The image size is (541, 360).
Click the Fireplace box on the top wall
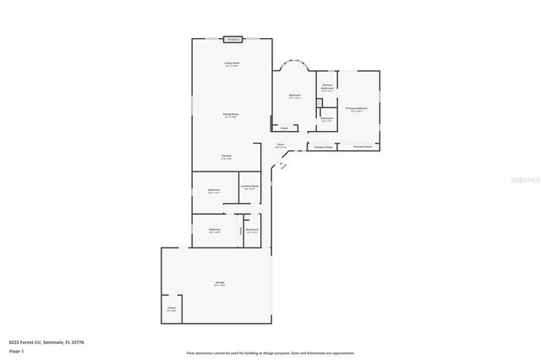(233, 39)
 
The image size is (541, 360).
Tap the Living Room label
(232, 64)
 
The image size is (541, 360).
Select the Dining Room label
(231, 115)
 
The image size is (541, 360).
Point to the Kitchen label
(227, 156)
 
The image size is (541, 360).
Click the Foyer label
(280, 145)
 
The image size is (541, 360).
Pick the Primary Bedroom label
(357, 109)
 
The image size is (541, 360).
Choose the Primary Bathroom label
(327, 87)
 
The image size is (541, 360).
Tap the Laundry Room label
(249, 187)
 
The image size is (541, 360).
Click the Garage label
(219, 283)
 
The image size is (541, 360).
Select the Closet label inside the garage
(172, 308)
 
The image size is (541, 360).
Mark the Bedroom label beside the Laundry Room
(215, 190)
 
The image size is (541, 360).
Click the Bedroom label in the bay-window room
(295, 95)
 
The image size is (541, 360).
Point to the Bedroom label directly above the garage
(216, 230)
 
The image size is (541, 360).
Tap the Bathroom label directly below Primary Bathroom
(326, 118)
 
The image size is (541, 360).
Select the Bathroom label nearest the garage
(252, 230)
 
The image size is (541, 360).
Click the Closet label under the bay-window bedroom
(284, 128)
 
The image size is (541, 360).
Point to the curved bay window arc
(294, 62)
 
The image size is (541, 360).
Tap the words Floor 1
(17, 350)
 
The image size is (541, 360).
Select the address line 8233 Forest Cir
(46, 341)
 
